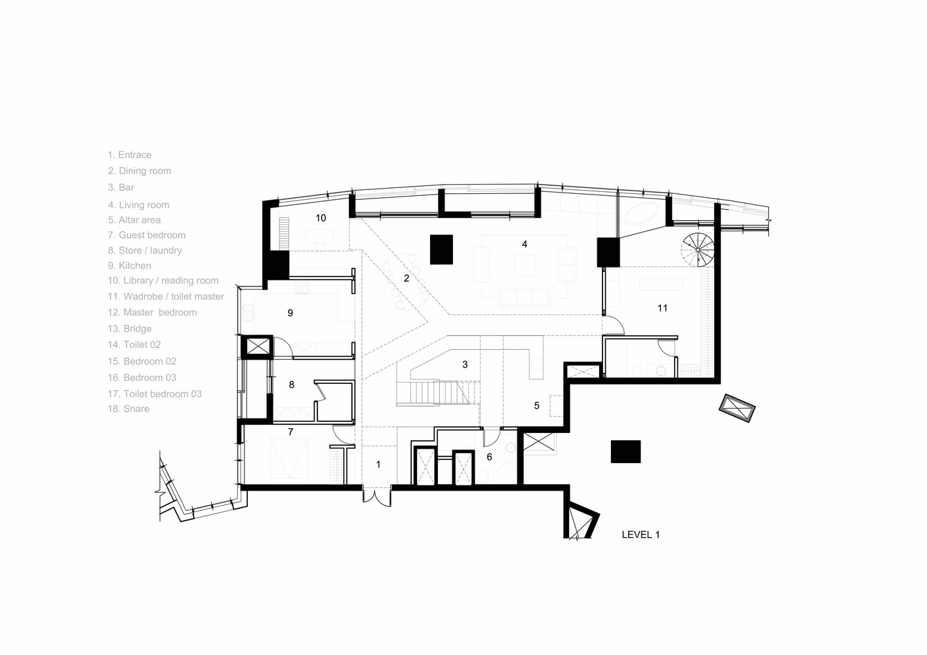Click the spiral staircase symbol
(x=698, y=250)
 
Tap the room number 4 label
(x=524, y=244)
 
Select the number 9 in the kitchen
(x=290, y=313)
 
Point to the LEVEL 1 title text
(x=641, y=534)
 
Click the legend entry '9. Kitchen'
(x=130, y=265)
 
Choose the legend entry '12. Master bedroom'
(x=152, y=312)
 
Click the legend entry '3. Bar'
(x=121, y=187)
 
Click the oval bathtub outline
(x=641, y=214)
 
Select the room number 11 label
(x=662, y=308)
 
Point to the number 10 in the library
(x=321, y=218)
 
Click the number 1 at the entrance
(x=378, y=465)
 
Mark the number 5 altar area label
(x=537, y=405)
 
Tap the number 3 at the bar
(x=465, y=364)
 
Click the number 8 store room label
(x=291, y=385)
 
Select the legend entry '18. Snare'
(x=128, y=409)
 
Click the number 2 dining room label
(x=406, y=278)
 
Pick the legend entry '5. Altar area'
(x=134, y=220)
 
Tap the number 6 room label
(x=490, y=457)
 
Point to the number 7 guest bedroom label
(x=290, y=432)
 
